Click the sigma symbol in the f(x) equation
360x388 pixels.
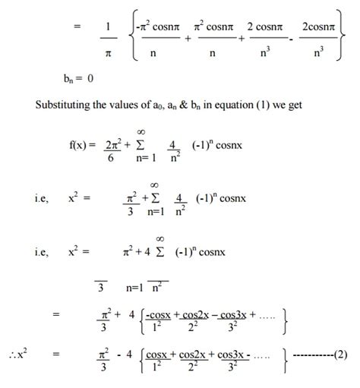(147, 145)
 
